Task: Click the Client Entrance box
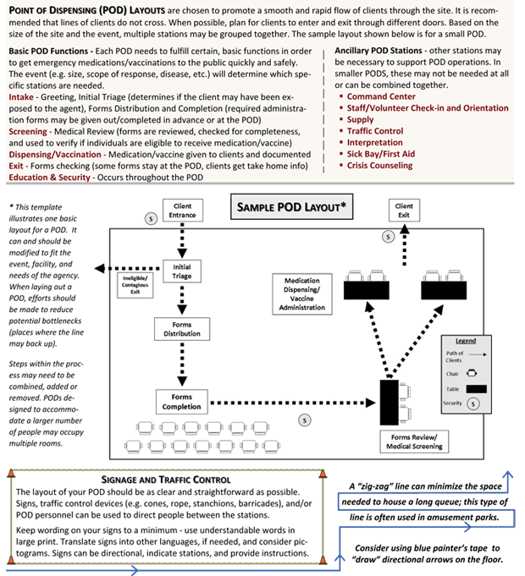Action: point(183,210)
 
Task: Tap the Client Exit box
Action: point(404,210)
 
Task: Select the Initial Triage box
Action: point(182,272)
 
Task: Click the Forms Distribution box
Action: point(182,329)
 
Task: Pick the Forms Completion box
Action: point(181,402)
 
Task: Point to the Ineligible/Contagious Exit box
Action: point(135,285)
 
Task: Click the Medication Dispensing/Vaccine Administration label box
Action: point(301,293)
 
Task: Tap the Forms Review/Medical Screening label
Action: point(414,442)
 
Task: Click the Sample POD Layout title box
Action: point(291,207)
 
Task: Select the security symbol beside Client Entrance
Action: point(151,218)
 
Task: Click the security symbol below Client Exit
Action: point(388,237)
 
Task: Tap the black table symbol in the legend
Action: point(476,389)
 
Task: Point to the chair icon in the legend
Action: point(472,373)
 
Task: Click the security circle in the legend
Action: point(473,403)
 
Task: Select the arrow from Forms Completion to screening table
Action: point(293,403)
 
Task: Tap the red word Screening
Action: point(28,131)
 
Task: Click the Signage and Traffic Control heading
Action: point(166,480)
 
